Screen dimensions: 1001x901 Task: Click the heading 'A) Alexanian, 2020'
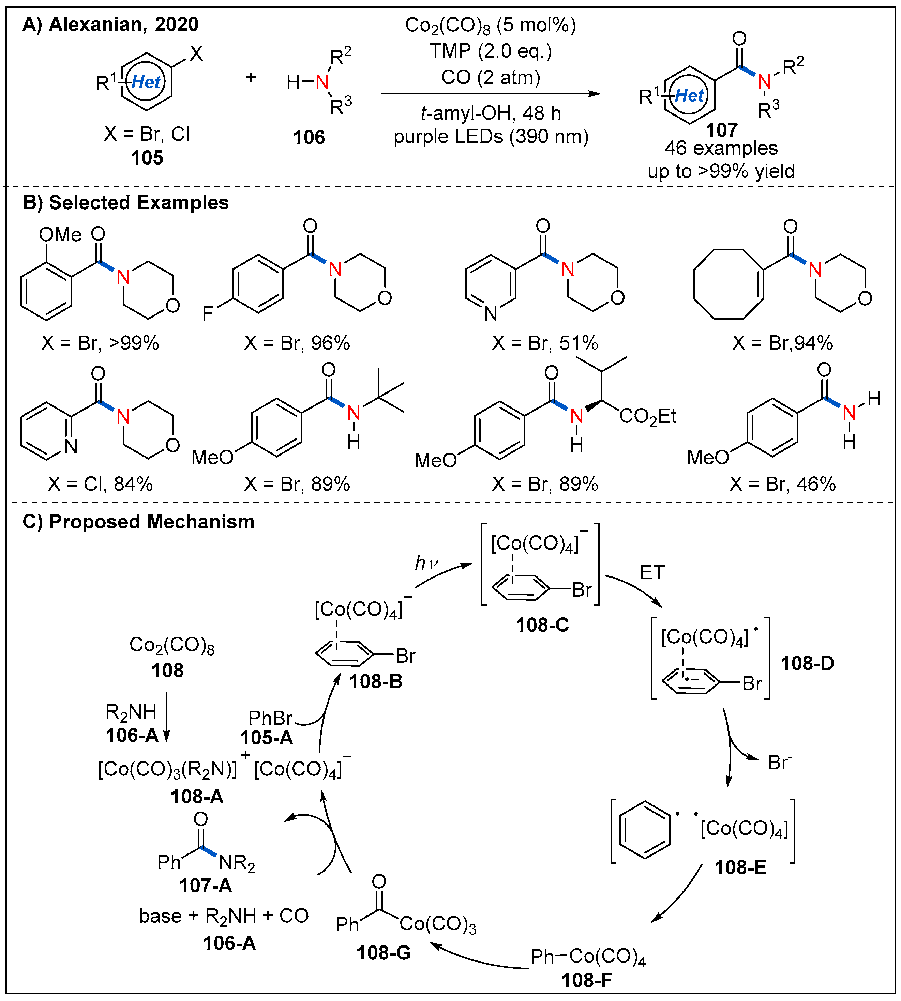(x=110, y=24)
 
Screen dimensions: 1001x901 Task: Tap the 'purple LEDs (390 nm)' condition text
(x=491, y=137)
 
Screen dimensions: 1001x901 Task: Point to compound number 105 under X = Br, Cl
(x=147, y=158)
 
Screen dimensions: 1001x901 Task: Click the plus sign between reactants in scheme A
(x=251, y=77)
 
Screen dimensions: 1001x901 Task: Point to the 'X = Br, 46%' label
(x=782, y=483)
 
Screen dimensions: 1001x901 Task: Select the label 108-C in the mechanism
(x=542, y=625)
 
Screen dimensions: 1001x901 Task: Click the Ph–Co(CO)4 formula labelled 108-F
(x=588, y=956)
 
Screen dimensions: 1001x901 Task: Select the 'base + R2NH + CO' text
(x=224, y=916)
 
